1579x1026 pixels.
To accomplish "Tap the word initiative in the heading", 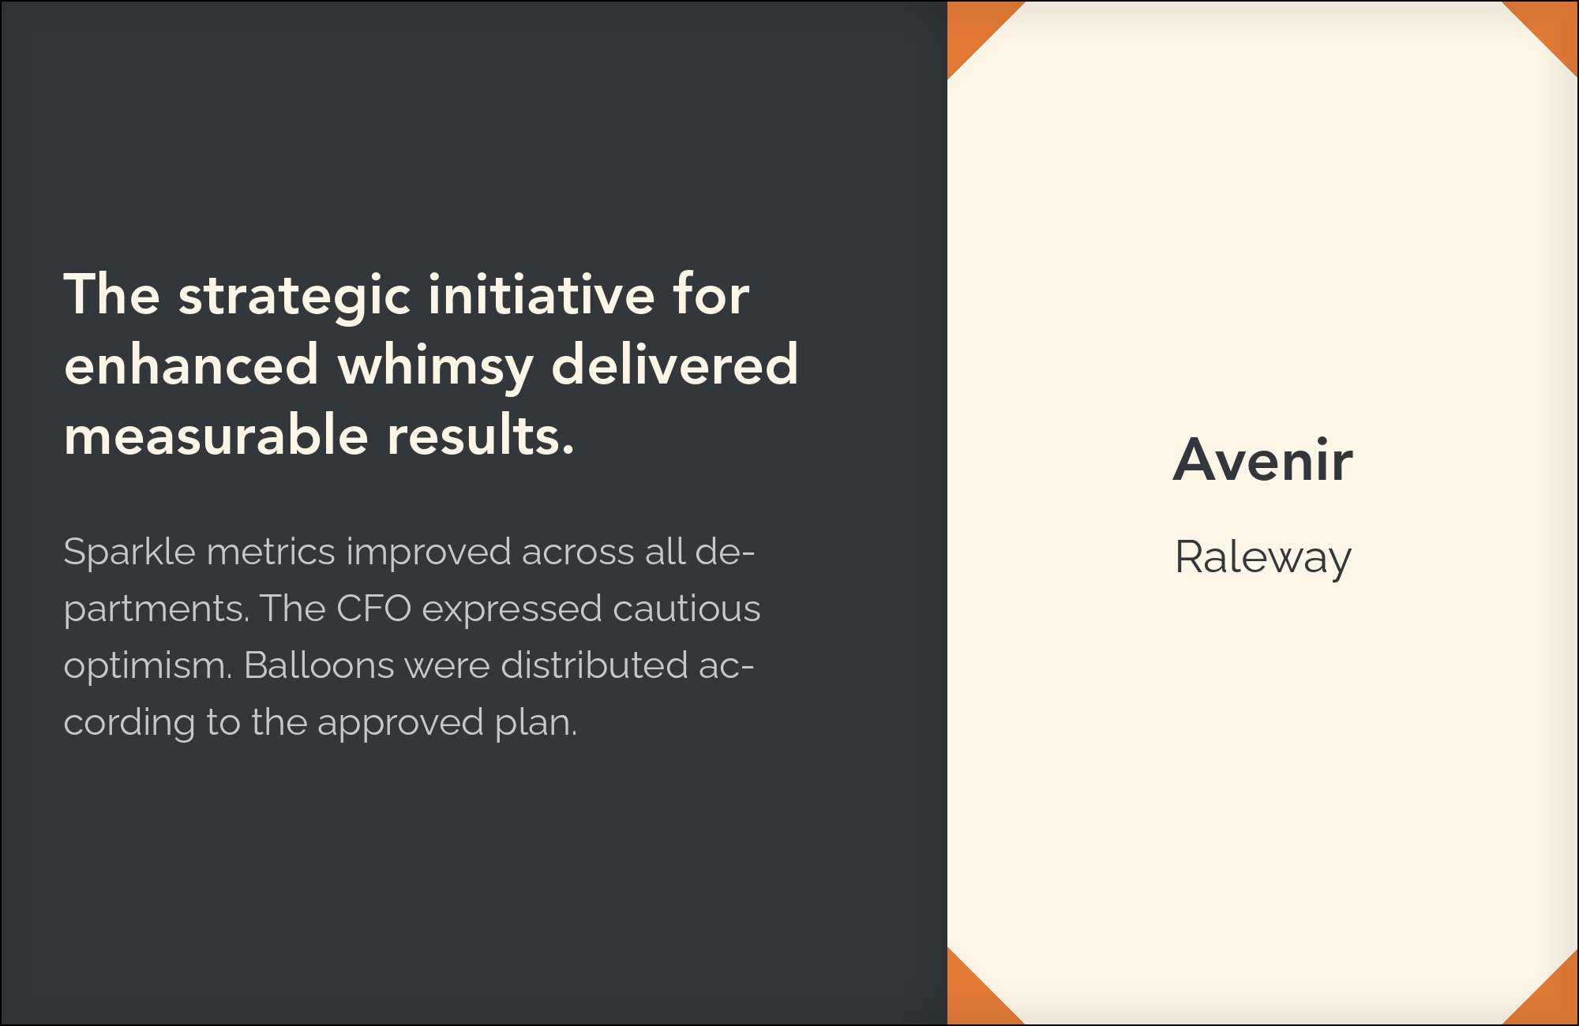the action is point(542,294).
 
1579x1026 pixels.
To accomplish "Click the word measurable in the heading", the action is point(216,435).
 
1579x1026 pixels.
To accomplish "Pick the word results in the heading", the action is point(480,435).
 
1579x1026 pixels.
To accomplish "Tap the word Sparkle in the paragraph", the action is point(129,552).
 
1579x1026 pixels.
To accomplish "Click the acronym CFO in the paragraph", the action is point(373,608).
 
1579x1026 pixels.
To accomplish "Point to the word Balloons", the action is point(319,665).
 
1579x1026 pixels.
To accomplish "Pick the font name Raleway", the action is point(1263,559).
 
